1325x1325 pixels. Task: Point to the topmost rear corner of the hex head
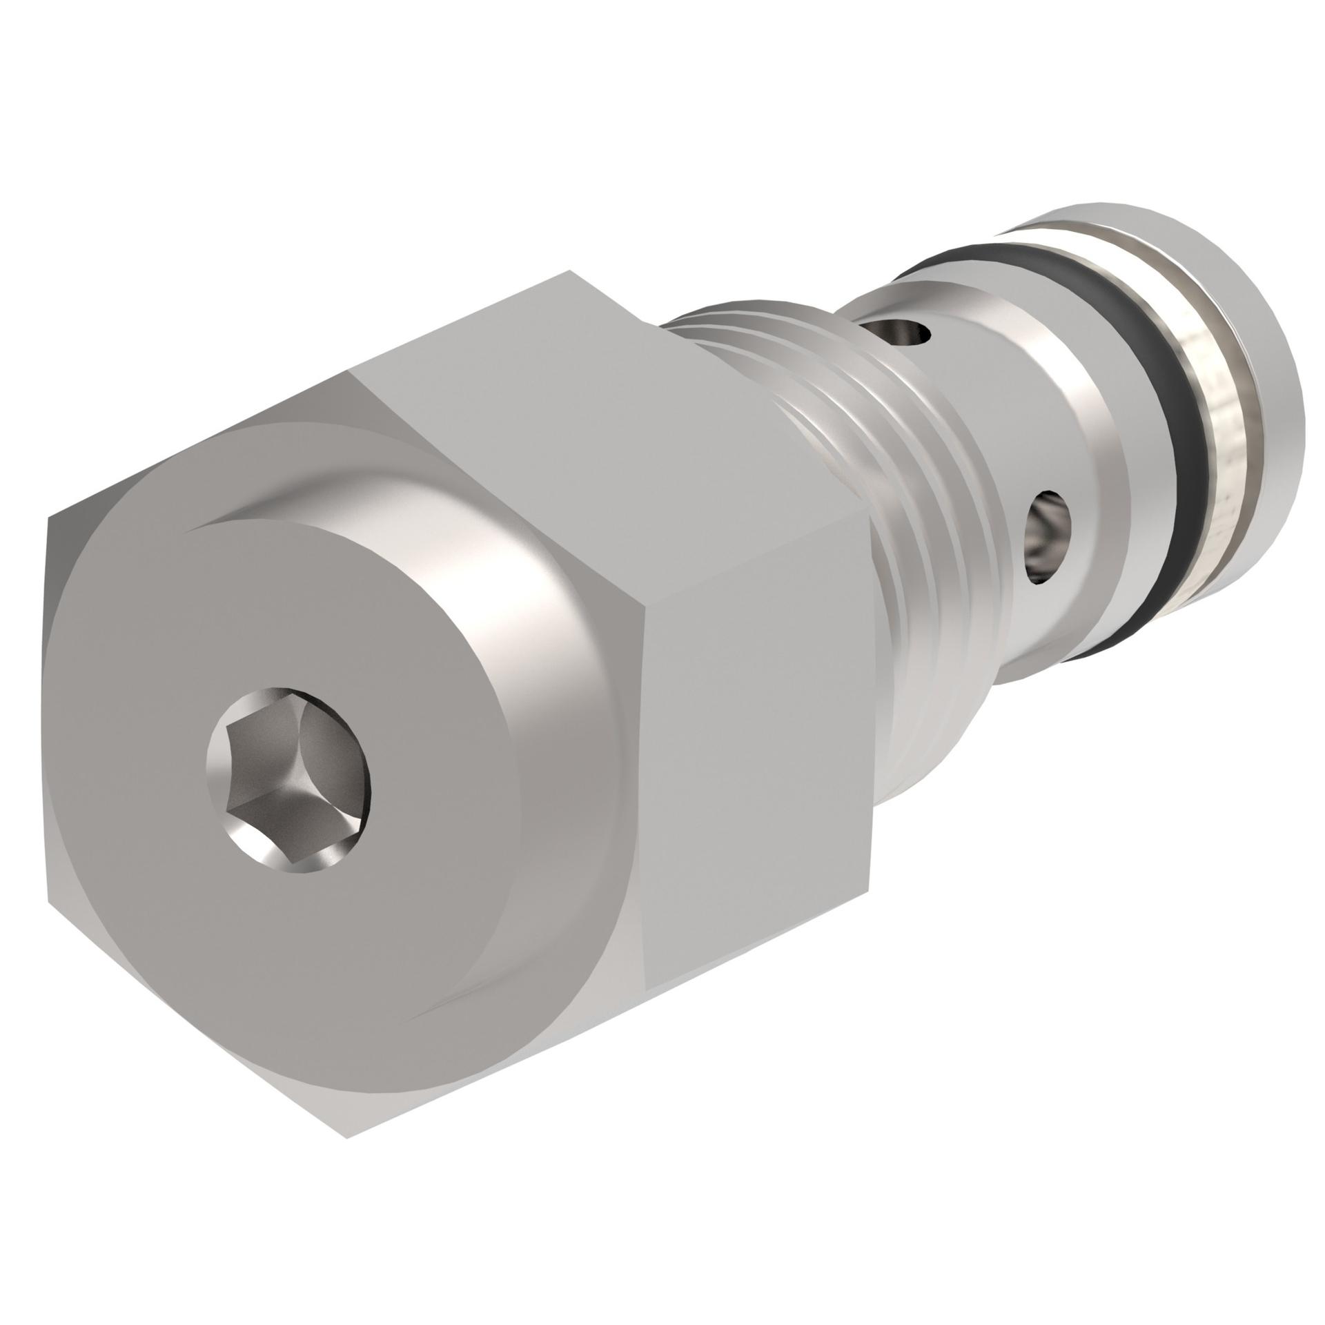pyautogui.click(x=570, y=271)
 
